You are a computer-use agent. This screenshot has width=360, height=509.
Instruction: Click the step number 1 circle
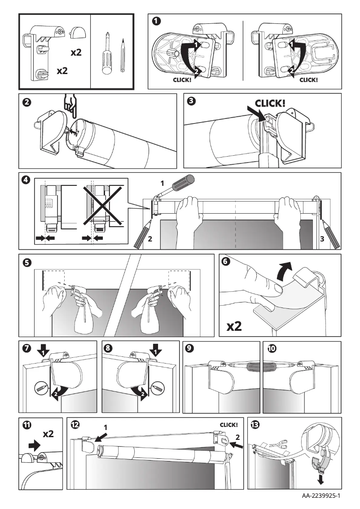156,21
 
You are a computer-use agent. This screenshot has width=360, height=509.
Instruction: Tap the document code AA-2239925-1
321,496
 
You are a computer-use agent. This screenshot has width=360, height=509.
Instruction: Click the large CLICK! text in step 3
270,103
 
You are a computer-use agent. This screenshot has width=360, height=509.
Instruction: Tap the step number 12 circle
75,424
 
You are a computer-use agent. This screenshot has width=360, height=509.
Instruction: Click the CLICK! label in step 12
228,424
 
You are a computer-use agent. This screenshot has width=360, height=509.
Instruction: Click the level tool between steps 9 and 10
260,366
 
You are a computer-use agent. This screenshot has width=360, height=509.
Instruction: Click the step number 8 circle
108,348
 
